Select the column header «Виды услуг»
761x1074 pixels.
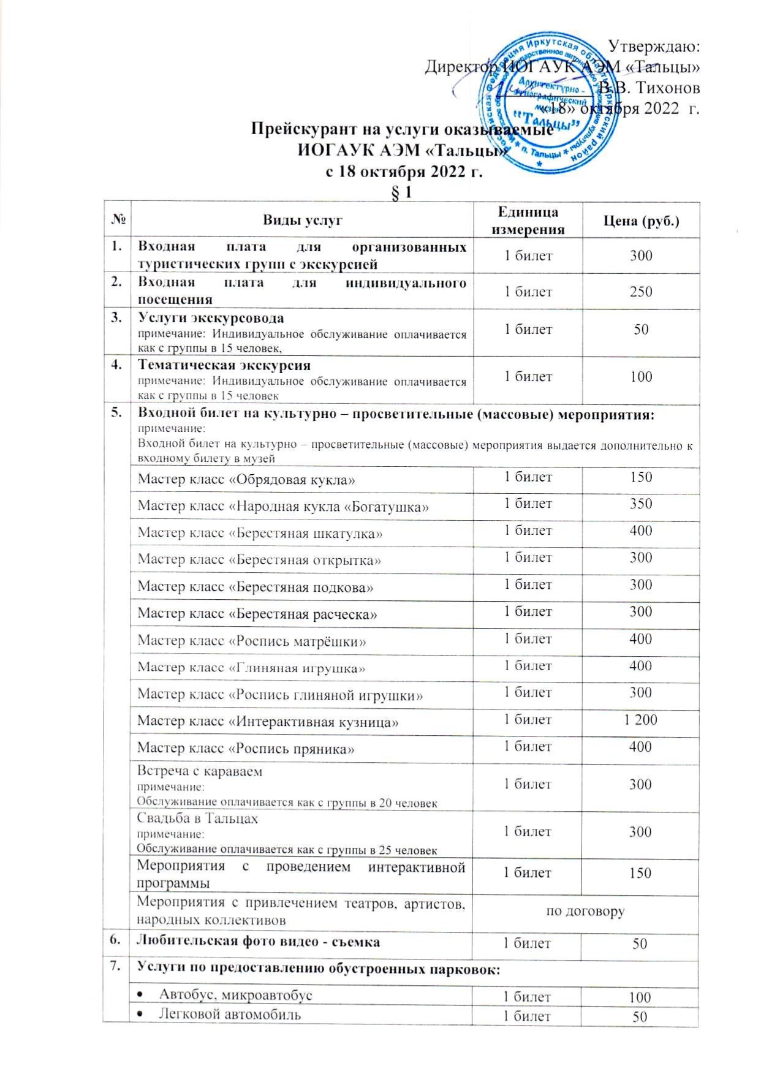[303, 221]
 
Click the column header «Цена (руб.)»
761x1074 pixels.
[641, 221]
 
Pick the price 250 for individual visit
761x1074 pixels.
[641, 291]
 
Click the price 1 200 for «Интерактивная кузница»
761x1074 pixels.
[640, 720]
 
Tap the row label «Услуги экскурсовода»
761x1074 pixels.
[211, 318]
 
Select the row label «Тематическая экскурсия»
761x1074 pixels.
[224, 365]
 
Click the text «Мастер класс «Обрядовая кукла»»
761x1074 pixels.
[246, 479]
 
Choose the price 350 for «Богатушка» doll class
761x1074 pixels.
[641, 504]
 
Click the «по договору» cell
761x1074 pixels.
[585, 911]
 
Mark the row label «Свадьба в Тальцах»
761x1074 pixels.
[197, 819]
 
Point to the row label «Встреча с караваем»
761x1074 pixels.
[200, 771]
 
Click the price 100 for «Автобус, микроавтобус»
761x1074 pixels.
[640, 997]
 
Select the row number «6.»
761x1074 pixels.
[115, 942]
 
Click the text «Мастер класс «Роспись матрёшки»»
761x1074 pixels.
[252, 641]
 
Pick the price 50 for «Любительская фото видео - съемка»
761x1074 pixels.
[640, 944]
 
